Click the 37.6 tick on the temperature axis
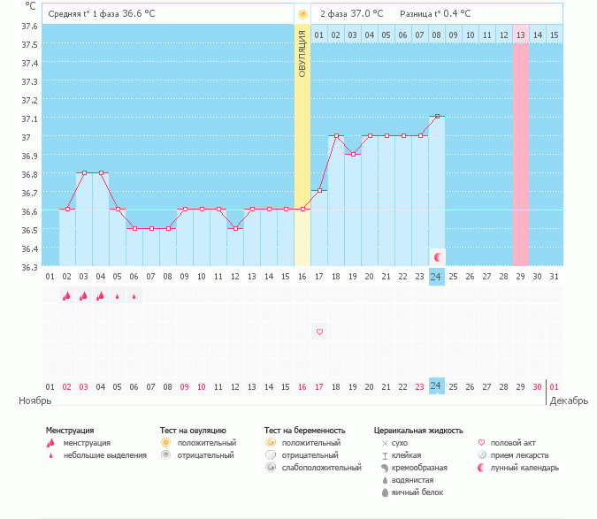(28, 26)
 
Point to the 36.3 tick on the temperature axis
(28, 267)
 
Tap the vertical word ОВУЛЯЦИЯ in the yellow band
(302, 54)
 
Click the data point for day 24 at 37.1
(436, 116)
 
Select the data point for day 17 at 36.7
(319, 190)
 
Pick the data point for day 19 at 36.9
(353, 154)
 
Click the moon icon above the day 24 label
(436, 256)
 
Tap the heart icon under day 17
(319, 332)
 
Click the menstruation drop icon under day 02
(66, 296)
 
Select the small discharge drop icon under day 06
(134, 296)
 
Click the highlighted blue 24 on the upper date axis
(436, 277)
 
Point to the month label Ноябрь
(34, 401)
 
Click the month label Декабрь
(567, 401)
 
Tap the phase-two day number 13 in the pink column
(520, 35)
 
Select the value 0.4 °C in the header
(457, 14)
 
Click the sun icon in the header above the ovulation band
(302, 14)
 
